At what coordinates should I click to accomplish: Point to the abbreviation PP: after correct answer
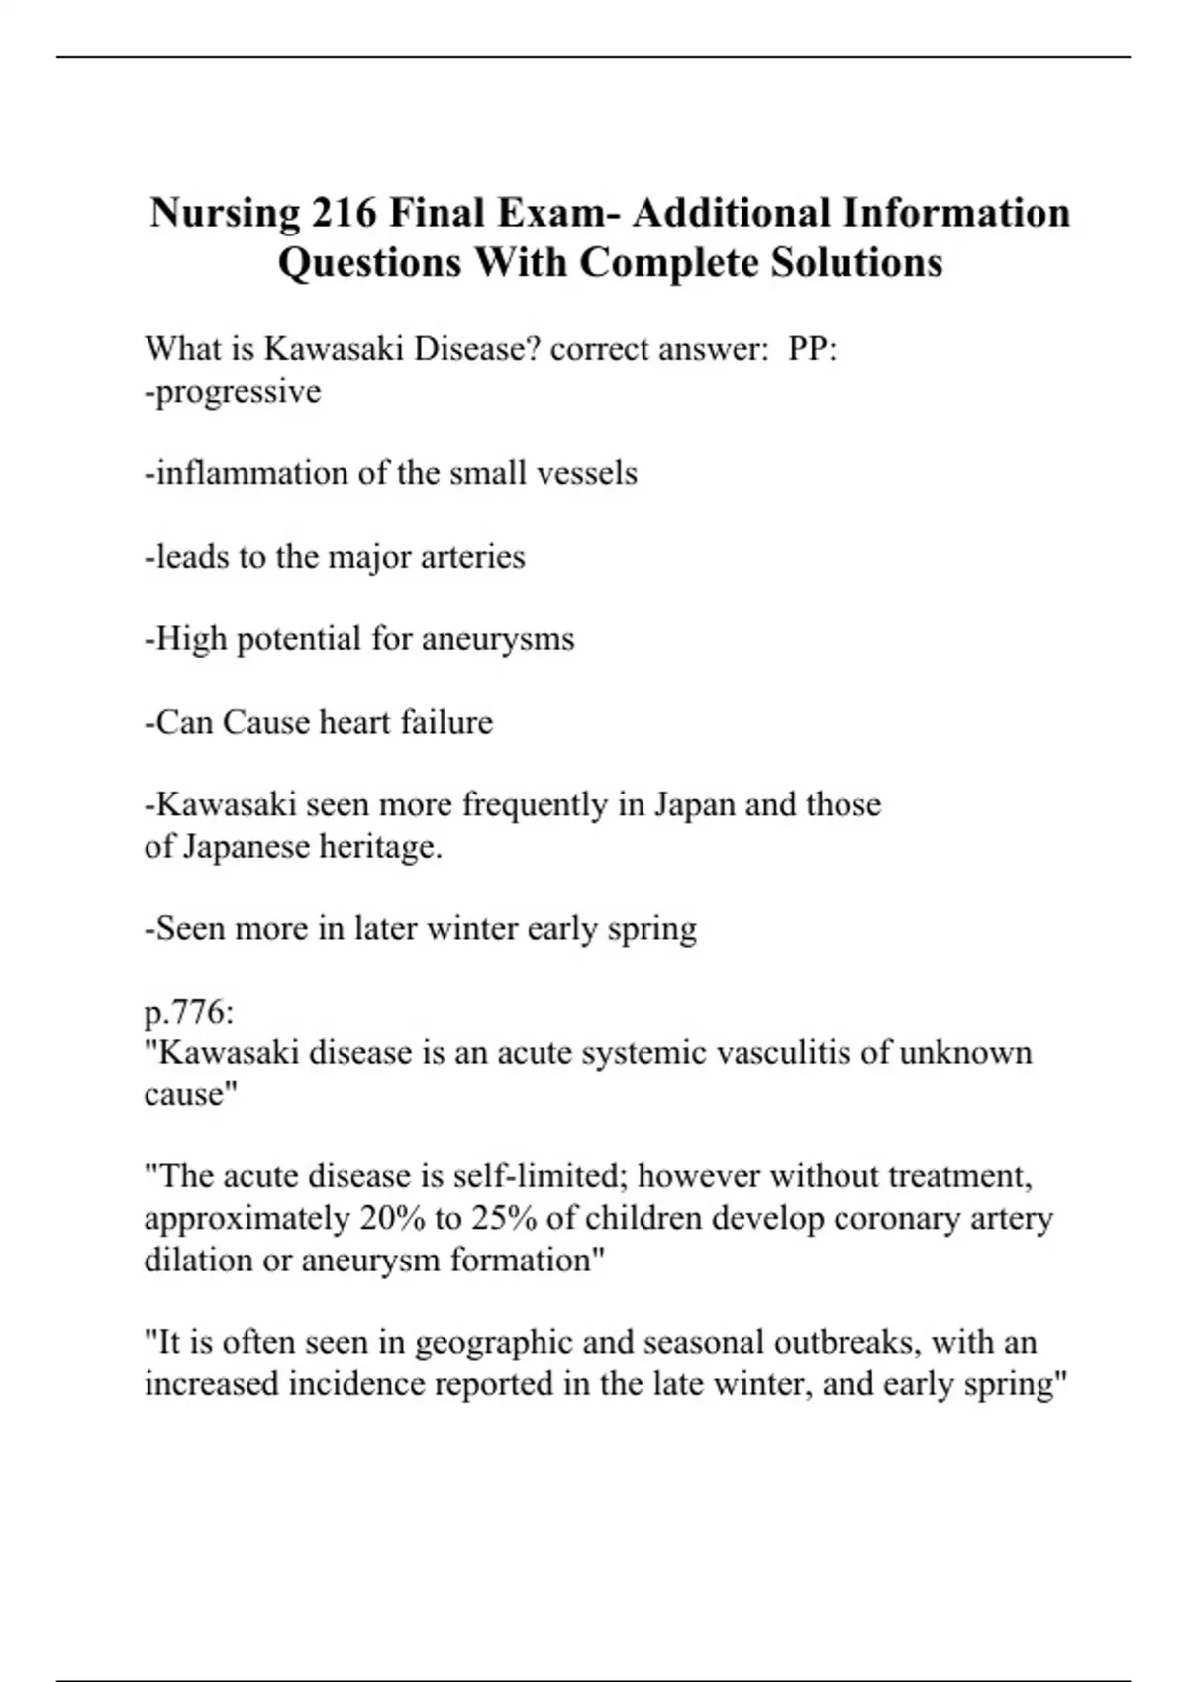[813, 349]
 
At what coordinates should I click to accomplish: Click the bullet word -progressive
[233, 392]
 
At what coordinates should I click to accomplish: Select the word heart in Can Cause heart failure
[356, 722]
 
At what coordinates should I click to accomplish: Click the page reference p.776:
[189, 1012]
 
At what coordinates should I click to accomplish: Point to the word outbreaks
[845, 1343]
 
